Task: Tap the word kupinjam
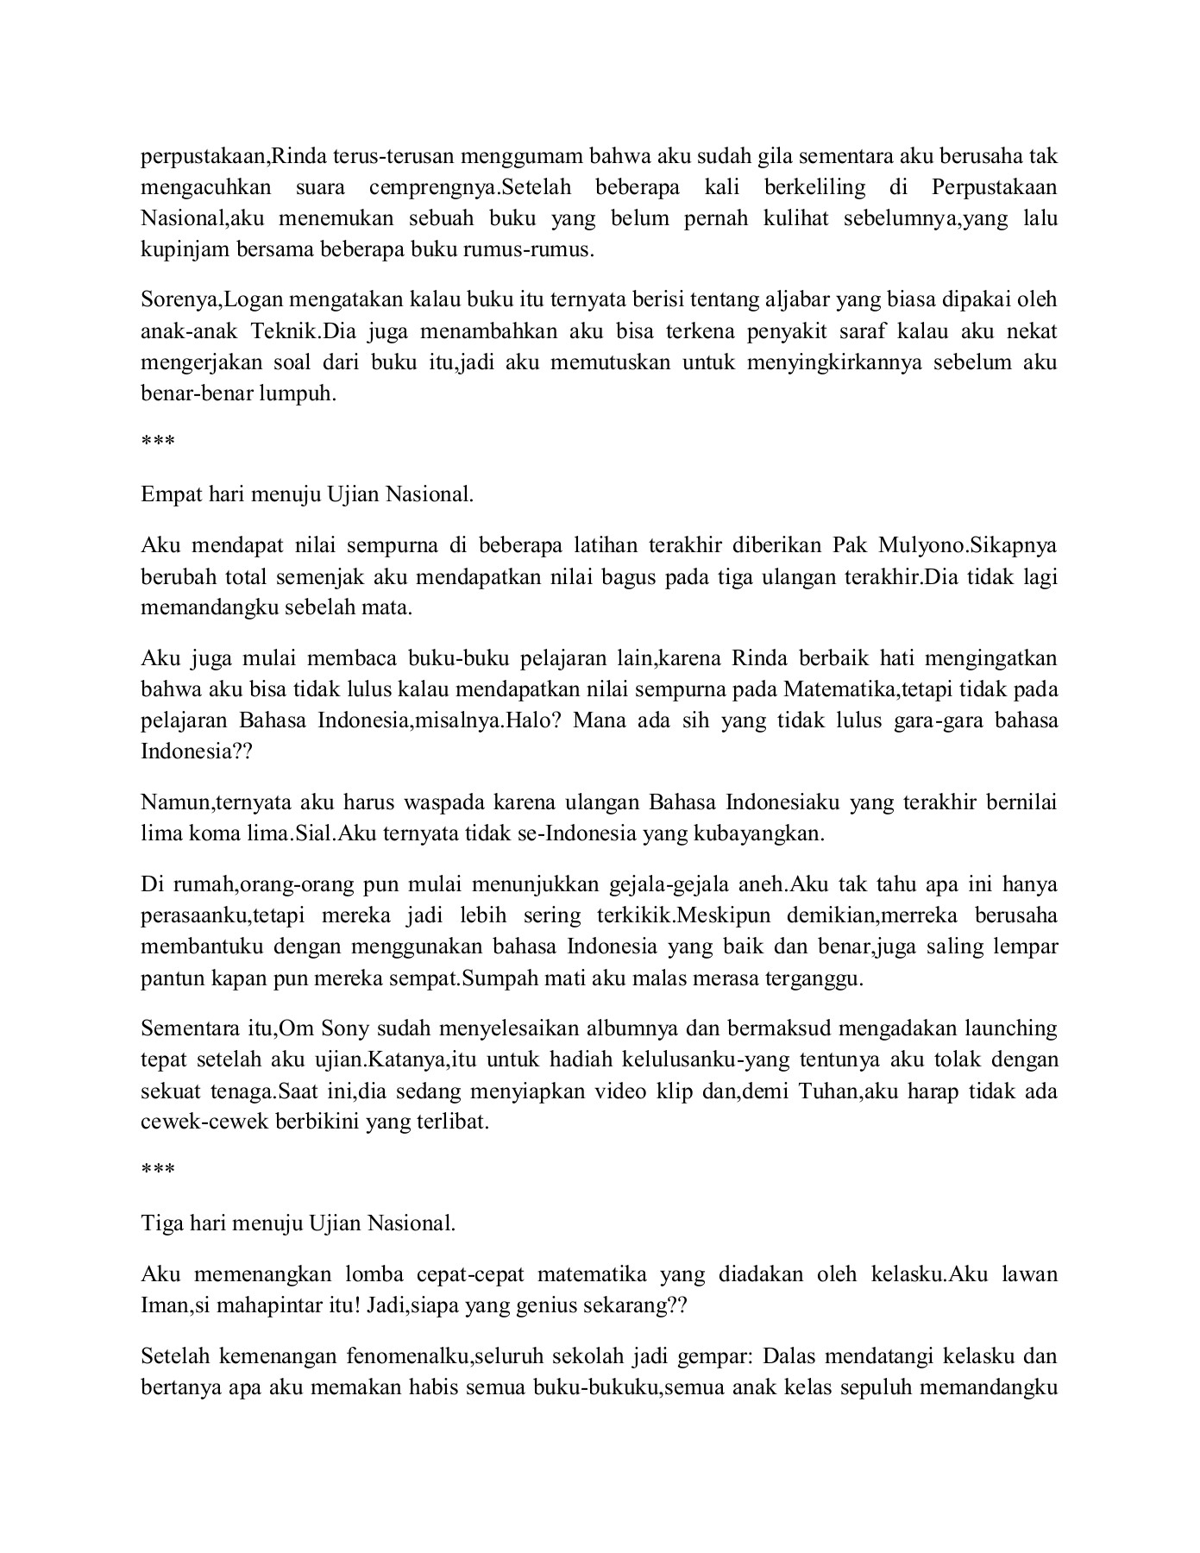[x=175, y=249]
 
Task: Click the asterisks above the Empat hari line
[x=158, y=443]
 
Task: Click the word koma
[x=217, y=833]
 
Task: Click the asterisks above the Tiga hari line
[x=158, y=1171]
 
